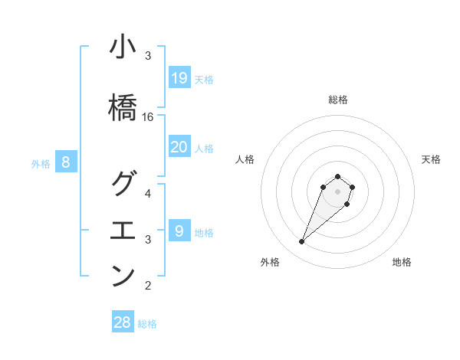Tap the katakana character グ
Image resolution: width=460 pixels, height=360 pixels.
pyautogui.click(x=123, y=184)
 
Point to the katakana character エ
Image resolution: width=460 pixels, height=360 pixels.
pyautogui.click(x=123, y=231)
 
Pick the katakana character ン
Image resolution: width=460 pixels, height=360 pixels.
pyautogui.click(x=123, y=276)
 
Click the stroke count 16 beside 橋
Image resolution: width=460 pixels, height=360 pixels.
pyautogui.click(x=148, y=117)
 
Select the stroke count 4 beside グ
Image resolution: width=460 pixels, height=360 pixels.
pyautogui.click(x=148, y=193)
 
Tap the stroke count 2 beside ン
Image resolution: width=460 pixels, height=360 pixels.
pyautogui.click(x=148, y=286)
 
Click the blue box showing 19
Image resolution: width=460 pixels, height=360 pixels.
pyautogui.click(x=179, y=77)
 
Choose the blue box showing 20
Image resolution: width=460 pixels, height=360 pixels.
pyautogui.click(x=179, y=147)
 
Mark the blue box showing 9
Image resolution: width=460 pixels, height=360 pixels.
pyautogui.click(x=179, y=230)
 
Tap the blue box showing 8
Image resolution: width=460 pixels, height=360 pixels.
pyautogui.click(x=66, y=162)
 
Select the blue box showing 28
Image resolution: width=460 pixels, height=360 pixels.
pyautogui.click(x=123, y=322)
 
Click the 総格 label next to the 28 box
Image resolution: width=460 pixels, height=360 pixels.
pyautogui.click(x=147, y=324)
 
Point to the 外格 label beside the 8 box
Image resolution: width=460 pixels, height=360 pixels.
pyautogui.click(x=41, y=163)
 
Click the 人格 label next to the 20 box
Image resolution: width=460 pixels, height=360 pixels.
pyautogui.click(x=204, y=149)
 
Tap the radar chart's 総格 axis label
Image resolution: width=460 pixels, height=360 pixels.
pyautogui.click(x=337, y=100)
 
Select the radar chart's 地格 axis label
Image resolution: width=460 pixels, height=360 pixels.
pyautogui.click(x=402, y=262)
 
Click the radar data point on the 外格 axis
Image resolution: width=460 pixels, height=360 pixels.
pyautogui.click(x=302, y=242)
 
